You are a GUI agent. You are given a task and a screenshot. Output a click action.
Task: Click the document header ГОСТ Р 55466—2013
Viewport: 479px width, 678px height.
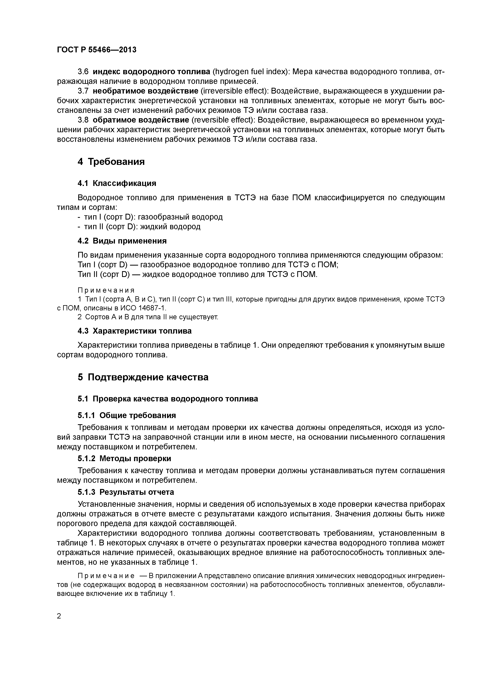click(97, 50)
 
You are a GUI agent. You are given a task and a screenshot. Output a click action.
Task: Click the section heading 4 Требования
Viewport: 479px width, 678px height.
click(111, 162)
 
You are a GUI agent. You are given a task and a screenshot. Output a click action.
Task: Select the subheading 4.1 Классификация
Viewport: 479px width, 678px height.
click(117, 183)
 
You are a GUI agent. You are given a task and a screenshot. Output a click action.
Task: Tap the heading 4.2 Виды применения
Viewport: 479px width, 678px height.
click(122, 241)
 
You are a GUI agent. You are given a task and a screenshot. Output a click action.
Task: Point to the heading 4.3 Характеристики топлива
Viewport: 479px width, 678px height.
click(134, 331)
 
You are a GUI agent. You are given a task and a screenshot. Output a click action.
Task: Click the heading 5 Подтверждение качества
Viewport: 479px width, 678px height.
click(143, 377)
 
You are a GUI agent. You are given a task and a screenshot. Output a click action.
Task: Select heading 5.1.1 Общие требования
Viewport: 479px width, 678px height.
click(127, 416)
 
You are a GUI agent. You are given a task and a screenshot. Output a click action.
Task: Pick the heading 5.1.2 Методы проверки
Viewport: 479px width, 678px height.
click(124, 459)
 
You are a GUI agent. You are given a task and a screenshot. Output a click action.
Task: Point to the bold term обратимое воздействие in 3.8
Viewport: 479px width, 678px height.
click(141, 120)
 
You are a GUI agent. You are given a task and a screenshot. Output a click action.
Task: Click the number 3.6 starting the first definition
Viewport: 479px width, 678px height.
click(83, 72)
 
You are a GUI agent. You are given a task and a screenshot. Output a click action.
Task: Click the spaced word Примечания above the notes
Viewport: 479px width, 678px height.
click(106, 290)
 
